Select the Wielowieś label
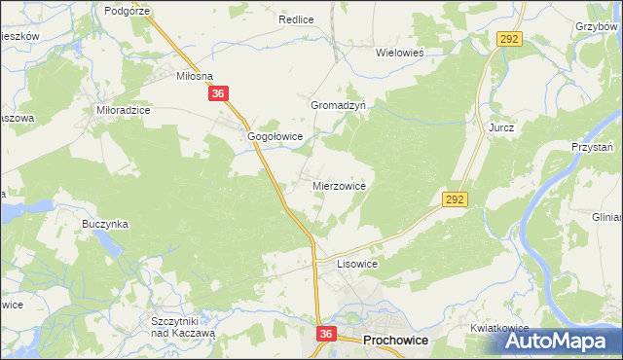tap(404, 54)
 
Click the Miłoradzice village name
tap(123, 111)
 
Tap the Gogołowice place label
tap(276, 137)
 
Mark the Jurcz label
tap(501, 127)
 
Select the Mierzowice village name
tap(339, 185)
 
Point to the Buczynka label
tap(105, 224)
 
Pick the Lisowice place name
tap(356, 264)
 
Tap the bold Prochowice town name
tap(398, 342)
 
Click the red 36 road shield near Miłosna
tap(219, 94)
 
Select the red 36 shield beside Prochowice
tap(326, 334)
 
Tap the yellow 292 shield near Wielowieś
tap(510, 39)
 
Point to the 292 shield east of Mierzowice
tap(457, 198)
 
